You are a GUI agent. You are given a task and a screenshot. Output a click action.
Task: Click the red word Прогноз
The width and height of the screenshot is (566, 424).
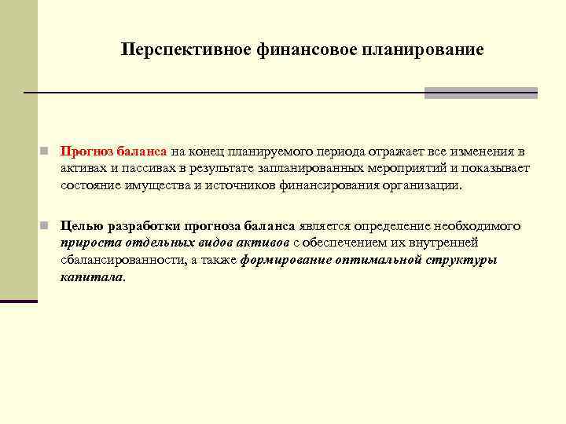pos(88,151)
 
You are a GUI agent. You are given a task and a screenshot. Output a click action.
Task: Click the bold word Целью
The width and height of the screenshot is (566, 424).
pos(81,226)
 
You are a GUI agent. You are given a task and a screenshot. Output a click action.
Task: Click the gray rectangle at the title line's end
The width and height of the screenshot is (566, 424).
pos(480,93)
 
